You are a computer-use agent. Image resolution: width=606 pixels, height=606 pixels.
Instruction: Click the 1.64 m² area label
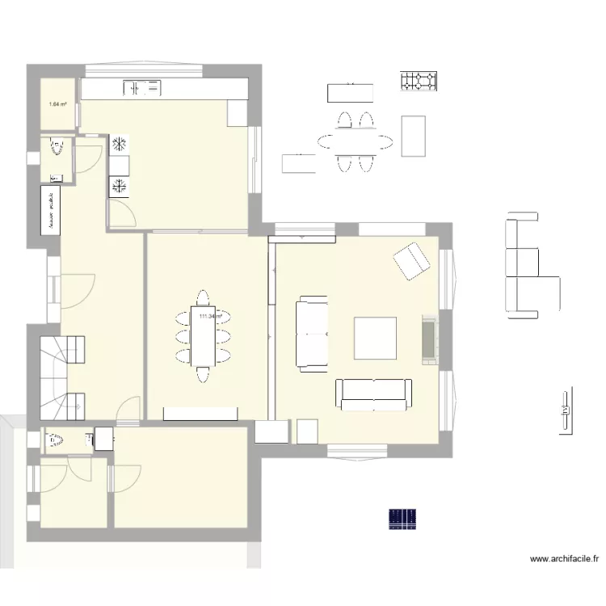57,103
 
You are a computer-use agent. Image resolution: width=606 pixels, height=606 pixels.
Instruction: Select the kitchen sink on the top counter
141,86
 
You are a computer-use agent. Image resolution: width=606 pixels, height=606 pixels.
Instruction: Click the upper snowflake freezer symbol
119,145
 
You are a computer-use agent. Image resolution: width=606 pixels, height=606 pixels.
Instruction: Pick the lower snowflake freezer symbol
119,187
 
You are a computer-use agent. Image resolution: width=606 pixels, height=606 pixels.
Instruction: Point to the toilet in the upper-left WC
57,148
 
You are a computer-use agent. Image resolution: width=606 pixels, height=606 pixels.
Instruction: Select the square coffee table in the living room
375,339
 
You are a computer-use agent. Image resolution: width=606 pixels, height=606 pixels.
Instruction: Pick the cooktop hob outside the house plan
419,81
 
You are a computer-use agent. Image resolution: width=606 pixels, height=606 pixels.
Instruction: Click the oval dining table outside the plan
356,142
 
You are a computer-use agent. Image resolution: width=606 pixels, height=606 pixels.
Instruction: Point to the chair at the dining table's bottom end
202,373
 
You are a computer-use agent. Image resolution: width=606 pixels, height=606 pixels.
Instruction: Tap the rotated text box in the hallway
51,209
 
